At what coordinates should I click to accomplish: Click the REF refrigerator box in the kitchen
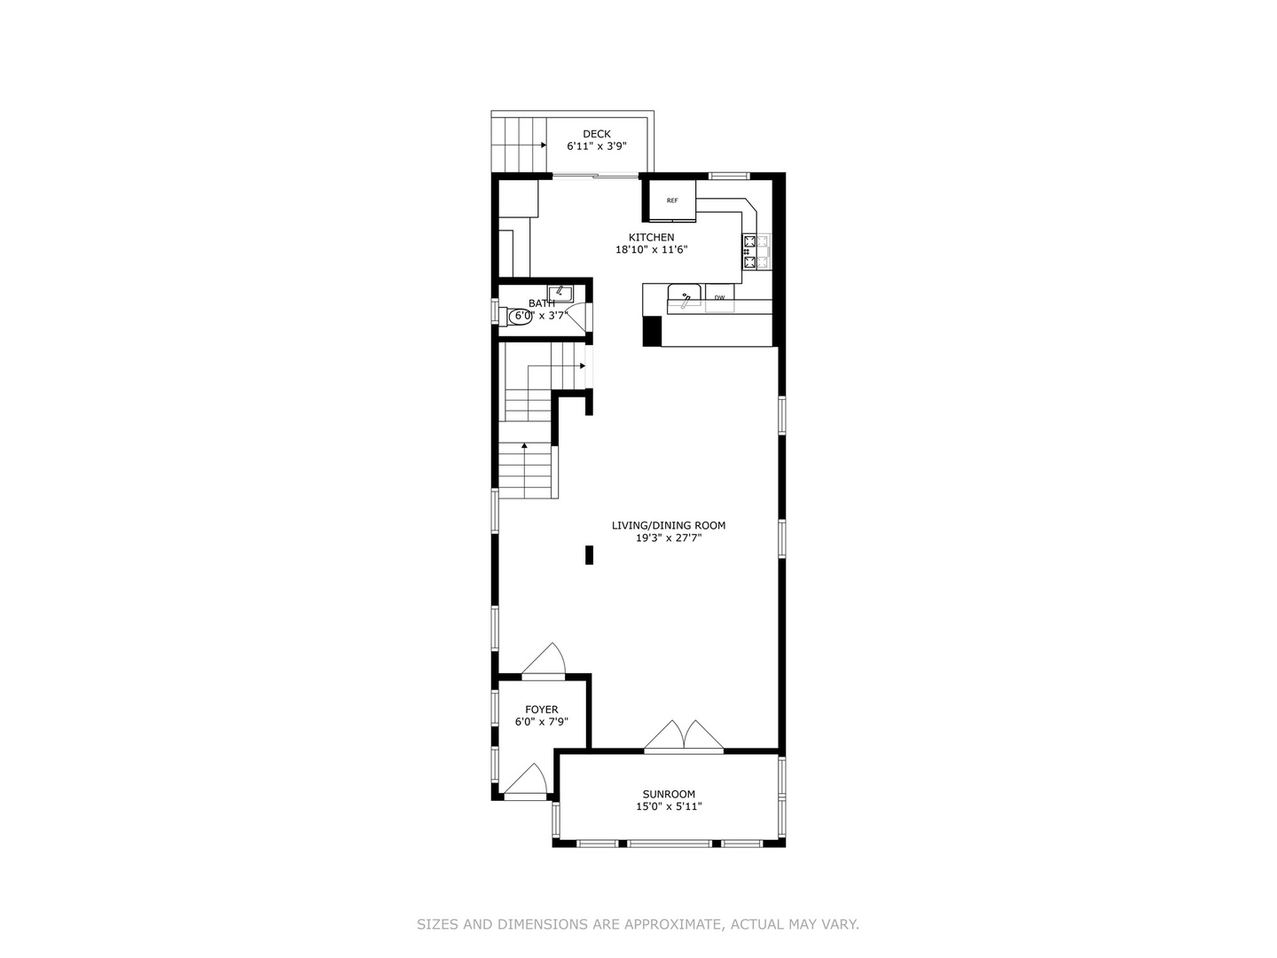click(x=671, y=200)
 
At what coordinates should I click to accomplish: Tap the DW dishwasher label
click(x=719, y=297)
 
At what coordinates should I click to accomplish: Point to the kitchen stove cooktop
click(x=756, y=252)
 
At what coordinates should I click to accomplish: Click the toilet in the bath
click(x=520, y=316)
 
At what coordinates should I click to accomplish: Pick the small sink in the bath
click(x=561, y=292)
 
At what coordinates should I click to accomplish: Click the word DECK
click(x=597, y=134)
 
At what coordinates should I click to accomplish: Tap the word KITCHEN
click(x=652, y=237)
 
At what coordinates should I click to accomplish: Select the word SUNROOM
click(x=669, y=794)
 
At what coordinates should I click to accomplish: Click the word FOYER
click(x=541, y=709)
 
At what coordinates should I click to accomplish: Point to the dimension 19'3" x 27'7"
click(x=669, y=538)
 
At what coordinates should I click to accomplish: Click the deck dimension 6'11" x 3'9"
click(x=597, y=146)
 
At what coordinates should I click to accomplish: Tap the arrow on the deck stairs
click(x=541, y=145)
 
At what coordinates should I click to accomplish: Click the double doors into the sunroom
click(x=683, y=736)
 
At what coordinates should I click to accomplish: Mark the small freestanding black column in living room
click(x=589, y=554)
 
